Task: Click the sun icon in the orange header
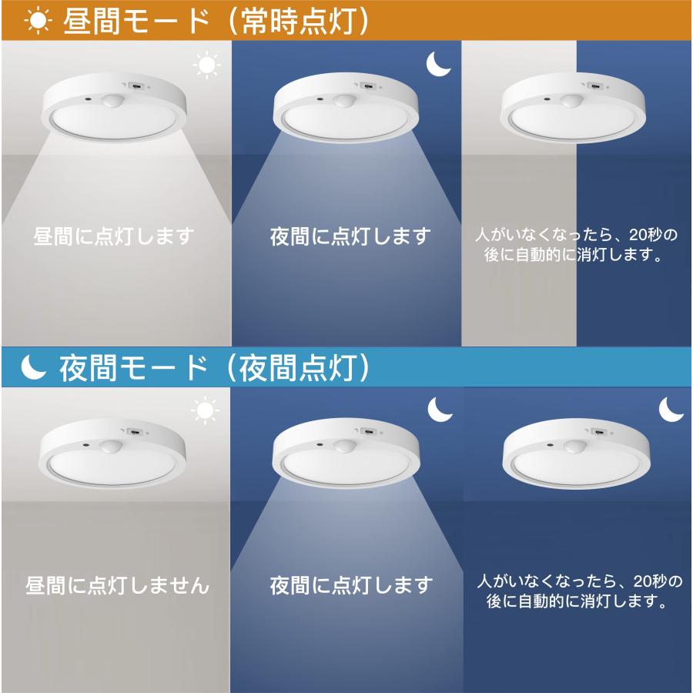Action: tap(35, 22)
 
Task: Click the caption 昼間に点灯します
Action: tap(115, 236)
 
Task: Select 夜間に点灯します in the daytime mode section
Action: tap(350, 236)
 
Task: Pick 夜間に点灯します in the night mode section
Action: tap(350, 585)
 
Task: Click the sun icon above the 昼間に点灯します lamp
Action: tap(206, 65)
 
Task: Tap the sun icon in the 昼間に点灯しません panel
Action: tap(206, 412)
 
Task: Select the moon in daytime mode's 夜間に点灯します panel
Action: tap(439, 65)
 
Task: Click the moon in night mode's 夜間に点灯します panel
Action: tap(440, 410)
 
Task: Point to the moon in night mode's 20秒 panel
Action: tap(671, 409)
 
